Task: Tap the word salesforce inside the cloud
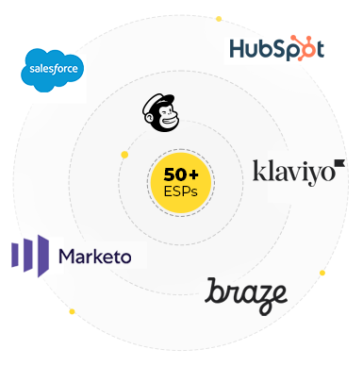point(53,69)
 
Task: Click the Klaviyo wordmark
point(292,173)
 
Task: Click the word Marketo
point(94,256)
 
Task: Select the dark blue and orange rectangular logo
point(277,48)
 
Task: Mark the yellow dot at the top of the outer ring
point(220,18)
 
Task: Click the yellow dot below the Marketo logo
point(72,311)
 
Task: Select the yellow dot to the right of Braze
point(323,274)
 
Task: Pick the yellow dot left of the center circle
point(124,154)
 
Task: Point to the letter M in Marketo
point(68,256)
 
